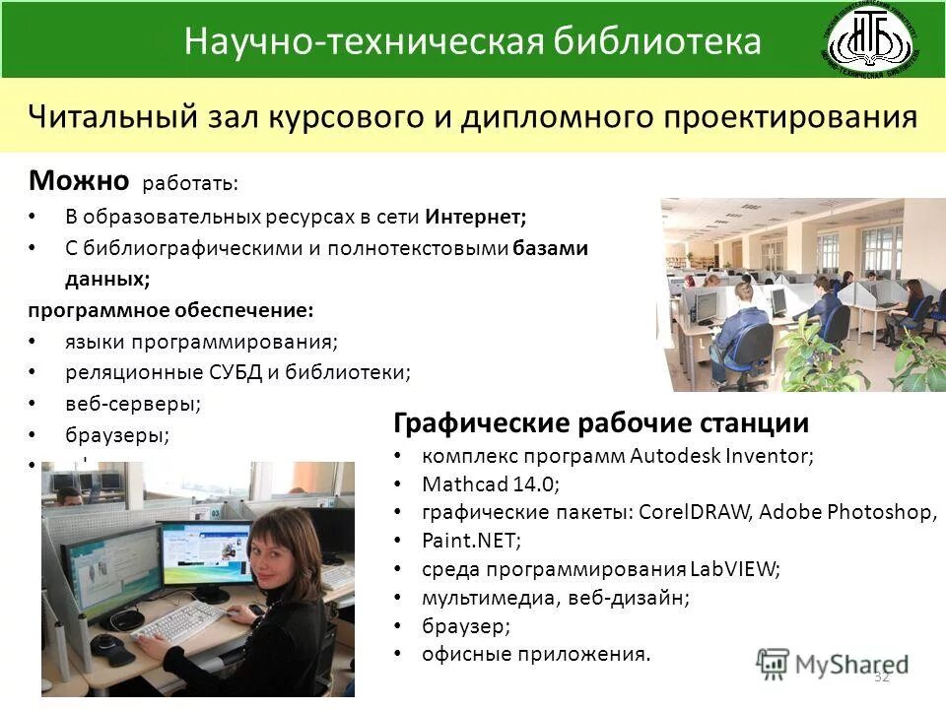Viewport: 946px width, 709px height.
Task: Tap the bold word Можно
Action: [79, 180]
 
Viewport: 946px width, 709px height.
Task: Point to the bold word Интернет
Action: [476, 216]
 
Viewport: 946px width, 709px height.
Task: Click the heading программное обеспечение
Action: [170, 310]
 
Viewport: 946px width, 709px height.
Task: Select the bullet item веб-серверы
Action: [133, 403]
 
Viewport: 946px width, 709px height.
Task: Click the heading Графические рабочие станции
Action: [601, 423]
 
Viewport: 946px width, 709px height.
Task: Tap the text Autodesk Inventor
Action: [720, 456]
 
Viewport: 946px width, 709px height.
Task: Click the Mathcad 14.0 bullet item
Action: [490, 483]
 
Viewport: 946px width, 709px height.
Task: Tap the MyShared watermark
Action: [833, 664]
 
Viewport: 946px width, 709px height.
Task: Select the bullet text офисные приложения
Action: [536, 653]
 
